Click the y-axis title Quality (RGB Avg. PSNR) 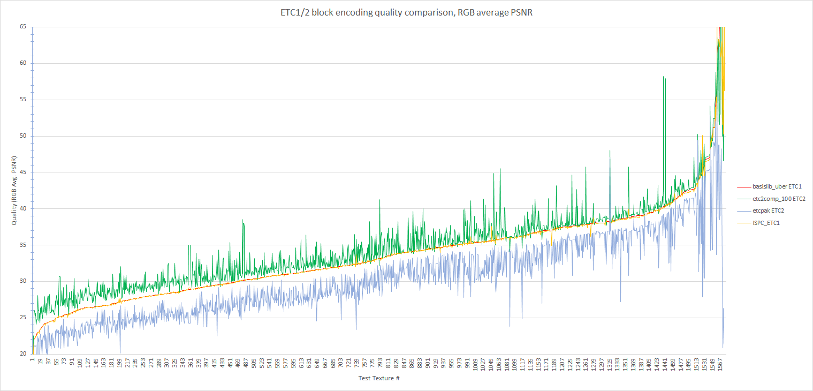tap(14, 190)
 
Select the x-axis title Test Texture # tap(379, 379)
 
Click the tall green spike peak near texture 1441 tap(664, 77)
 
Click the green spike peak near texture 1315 tap(610, 151)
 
